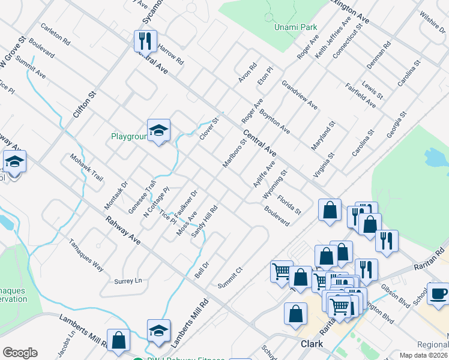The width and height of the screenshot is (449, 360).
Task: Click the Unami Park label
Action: point(295,28)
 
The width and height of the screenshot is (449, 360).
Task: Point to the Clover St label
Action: point(209,128)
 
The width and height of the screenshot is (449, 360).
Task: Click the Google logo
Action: point(20,353)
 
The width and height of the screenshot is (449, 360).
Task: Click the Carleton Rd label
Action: point(55,35)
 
